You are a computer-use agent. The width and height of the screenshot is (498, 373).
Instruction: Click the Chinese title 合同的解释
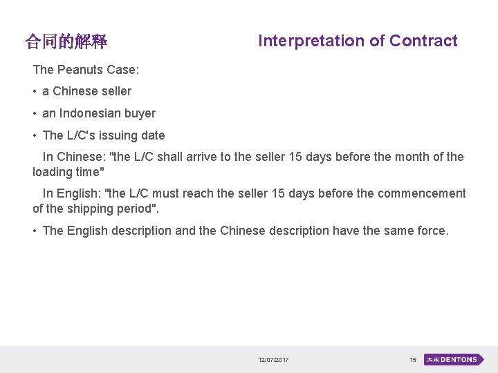[66, 42]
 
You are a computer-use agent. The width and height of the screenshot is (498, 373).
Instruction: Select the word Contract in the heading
[423, 41]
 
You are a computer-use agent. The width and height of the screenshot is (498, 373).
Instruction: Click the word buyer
[140, 113]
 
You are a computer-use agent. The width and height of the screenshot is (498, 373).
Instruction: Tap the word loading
[53, 172]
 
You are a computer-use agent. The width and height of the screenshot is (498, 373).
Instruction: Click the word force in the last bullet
[430, 231]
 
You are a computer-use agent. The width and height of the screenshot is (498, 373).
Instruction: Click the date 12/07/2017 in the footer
[274, 360]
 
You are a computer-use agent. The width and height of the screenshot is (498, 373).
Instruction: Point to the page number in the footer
[413, 360]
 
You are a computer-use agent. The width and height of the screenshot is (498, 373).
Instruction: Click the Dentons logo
[454, 360]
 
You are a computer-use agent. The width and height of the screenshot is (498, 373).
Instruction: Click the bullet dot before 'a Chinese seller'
[34, 91]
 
